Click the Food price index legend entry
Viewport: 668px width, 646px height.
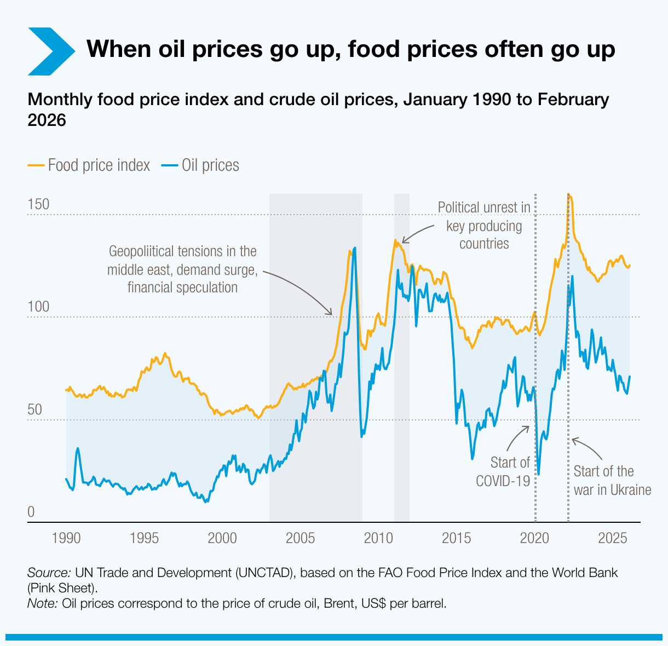coord(89,165)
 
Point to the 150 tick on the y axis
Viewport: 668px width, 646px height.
coord(38,205)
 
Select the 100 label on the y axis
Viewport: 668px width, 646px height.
coord(38,307)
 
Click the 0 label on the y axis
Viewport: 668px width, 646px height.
coord(31,512)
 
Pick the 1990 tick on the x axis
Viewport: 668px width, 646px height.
coord(66,538)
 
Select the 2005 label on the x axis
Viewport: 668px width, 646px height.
coord(301,538)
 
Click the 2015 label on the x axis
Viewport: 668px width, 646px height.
coord(456,538)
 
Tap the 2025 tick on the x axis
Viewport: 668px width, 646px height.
coord(612,538)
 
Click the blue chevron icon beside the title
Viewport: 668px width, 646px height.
coord(50,51)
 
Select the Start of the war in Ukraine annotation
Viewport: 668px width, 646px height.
coord(612,480)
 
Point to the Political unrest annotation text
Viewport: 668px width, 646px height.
coord(484,225)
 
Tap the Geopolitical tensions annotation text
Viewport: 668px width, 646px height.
coord(182,269)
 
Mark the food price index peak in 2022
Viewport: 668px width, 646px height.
coord(569,194)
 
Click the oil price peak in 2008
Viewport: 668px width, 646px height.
coord(355,248)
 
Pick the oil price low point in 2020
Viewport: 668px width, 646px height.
coord(538,474)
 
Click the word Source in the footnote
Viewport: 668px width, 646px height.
coord(48,573)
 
